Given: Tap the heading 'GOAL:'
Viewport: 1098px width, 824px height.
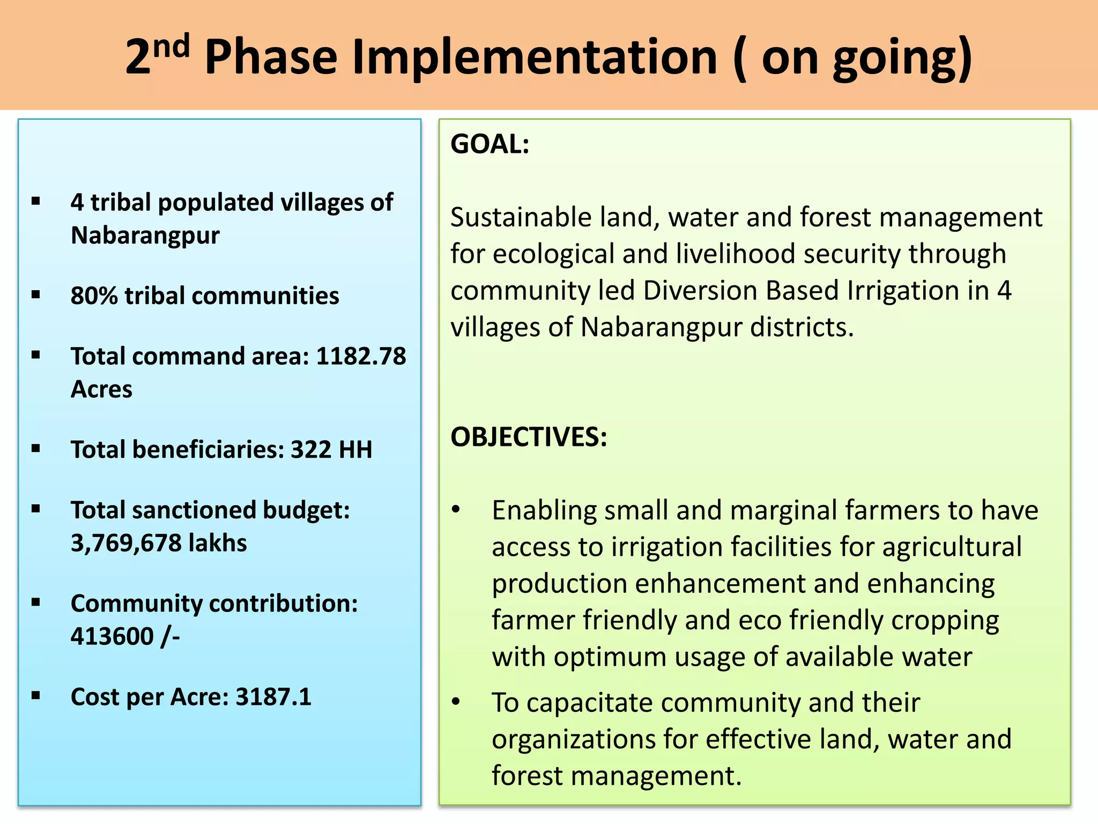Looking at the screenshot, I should [489, 144].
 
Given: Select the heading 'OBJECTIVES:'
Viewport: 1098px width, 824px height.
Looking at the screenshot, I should [529, 437].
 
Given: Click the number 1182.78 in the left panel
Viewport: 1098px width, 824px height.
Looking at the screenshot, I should [361, 356].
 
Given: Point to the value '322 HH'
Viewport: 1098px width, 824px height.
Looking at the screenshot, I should [331, 450].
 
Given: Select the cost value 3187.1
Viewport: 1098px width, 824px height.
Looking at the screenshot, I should [273, 697].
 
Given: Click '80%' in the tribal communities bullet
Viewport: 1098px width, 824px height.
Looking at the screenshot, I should [94, 296].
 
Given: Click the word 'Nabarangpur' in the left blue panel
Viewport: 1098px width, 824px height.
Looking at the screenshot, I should [145, 235].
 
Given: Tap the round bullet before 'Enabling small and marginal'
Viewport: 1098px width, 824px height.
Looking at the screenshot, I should [456, 509].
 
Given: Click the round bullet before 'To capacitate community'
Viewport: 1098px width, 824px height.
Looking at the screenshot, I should [456, 701].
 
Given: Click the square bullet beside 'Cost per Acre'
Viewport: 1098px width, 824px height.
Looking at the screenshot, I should [36, 696].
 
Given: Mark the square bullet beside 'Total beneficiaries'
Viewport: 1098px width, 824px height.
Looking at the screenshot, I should [36, 448].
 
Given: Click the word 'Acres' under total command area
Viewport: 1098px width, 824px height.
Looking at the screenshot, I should [101, 389].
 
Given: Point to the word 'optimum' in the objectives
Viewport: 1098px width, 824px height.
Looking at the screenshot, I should [610, 657].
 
